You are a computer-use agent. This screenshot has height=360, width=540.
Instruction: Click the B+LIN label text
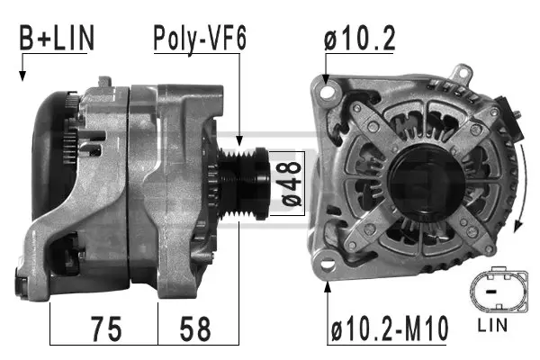(56, 39)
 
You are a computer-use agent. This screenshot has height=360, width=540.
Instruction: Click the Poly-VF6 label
(199, 39)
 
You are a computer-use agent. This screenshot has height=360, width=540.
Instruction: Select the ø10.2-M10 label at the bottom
(389, 329)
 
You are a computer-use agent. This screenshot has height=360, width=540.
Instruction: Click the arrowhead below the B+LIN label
(21, 76)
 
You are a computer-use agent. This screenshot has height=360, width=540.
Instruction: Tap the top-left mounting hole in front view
(326, 88)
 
